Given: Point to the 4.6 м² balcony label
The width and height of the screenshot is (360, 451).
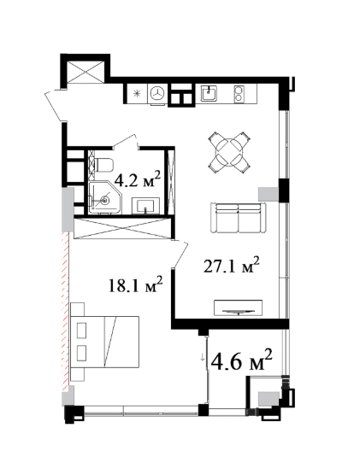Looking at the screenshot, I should click(241, 360).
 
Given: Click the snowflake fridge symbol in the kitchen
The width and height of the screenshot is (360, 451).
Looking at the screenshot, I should click(137, 92).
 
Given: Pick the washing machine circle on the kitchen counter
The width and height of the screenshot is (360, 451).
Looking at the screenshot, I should click(157, 93).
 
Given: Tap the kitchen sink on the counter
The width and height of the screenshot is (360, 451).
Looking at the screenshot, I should click(207, 92).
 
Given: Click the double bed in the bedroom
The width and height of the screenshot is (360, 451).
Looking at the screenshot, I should click(104, 341).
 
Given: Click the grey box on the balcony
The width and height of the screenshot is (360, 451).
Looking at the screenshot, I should click(269, 398).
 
